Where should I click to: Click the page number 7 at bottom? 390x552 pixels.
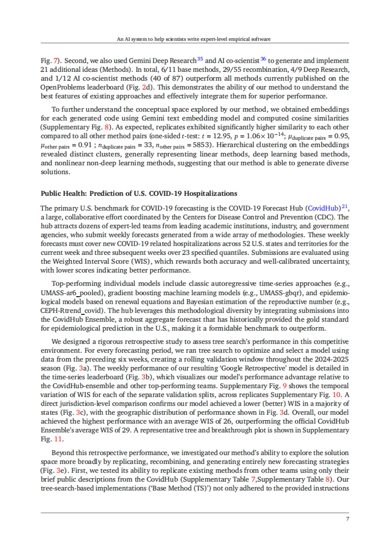click(x=347, y=519)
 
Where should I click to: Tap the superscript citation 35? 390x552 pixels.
click(x=200, y=59)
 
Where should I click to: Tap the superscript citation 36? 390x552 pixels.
click(x=263, y=59)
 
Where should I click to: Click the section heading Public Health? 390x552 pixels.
click(x=139, y=193)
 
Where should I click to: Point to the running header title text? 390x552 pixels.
click(x=194, y=39)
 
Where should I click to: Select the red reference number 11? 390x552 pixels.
click(x=58, y=439)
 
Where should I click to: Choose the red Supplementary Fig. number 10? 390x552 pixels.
click(x=336, y=395)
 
